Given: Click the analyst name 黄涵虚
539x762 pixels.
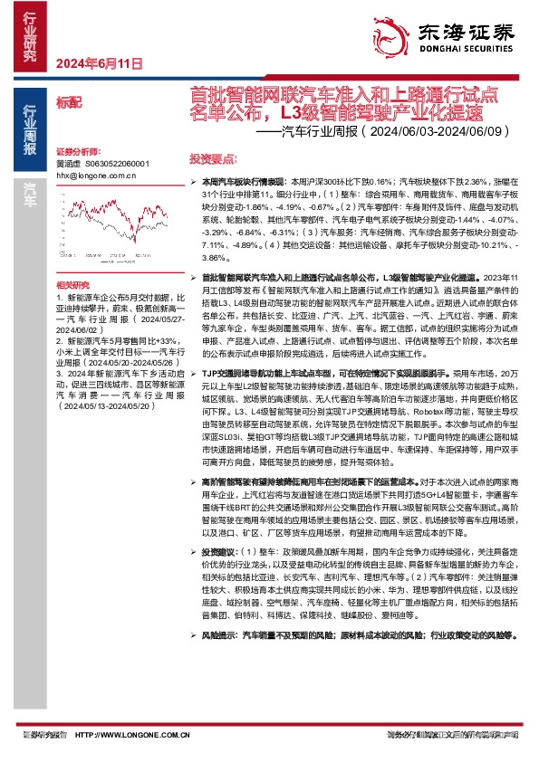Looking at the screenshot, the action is coord(69,163).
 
